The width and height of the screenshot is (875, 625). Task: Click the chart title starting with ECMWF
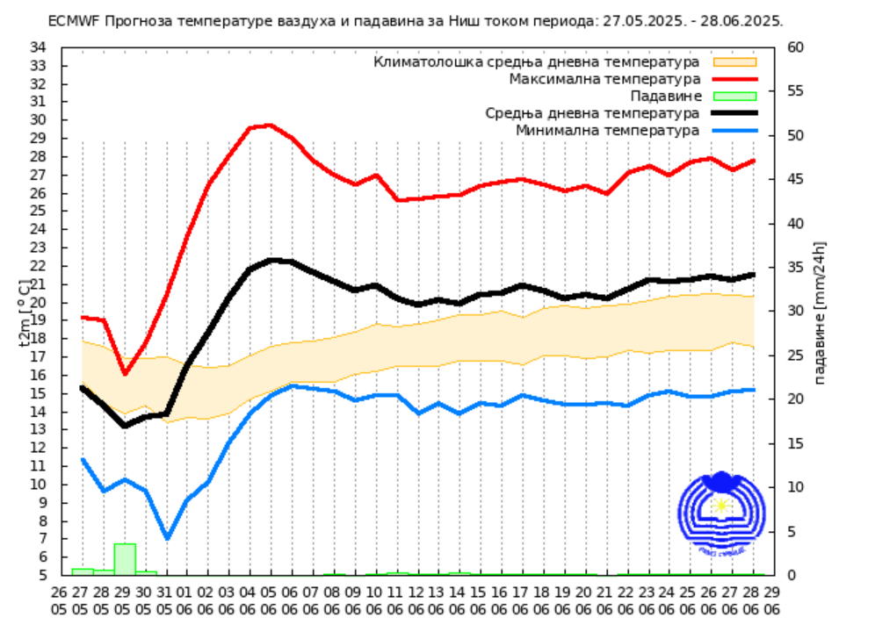pos(416,20)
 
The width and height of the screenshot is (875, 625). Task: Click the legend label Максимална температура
pos(604,79)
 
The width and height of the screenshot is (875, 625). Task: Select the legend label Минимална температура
pos(607,130)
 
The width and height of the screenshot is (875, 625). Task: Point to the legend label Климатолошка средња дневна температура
pos(536,62)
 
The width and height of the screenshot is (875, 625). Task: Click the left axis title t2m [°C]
pos(25,312)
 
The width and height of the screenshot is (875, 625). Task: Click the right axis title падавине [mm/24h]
pos(820,312)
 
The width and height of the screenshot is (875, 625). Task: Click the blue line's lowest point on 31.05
pos(167,538)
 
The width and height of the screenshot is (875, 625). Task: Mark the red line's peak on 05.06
pos(269,126)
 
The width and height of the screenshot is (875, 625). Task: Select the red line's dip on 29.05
pos(125,374)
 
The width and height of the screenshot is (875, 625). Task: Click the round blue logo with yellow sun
pos(722,514)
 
